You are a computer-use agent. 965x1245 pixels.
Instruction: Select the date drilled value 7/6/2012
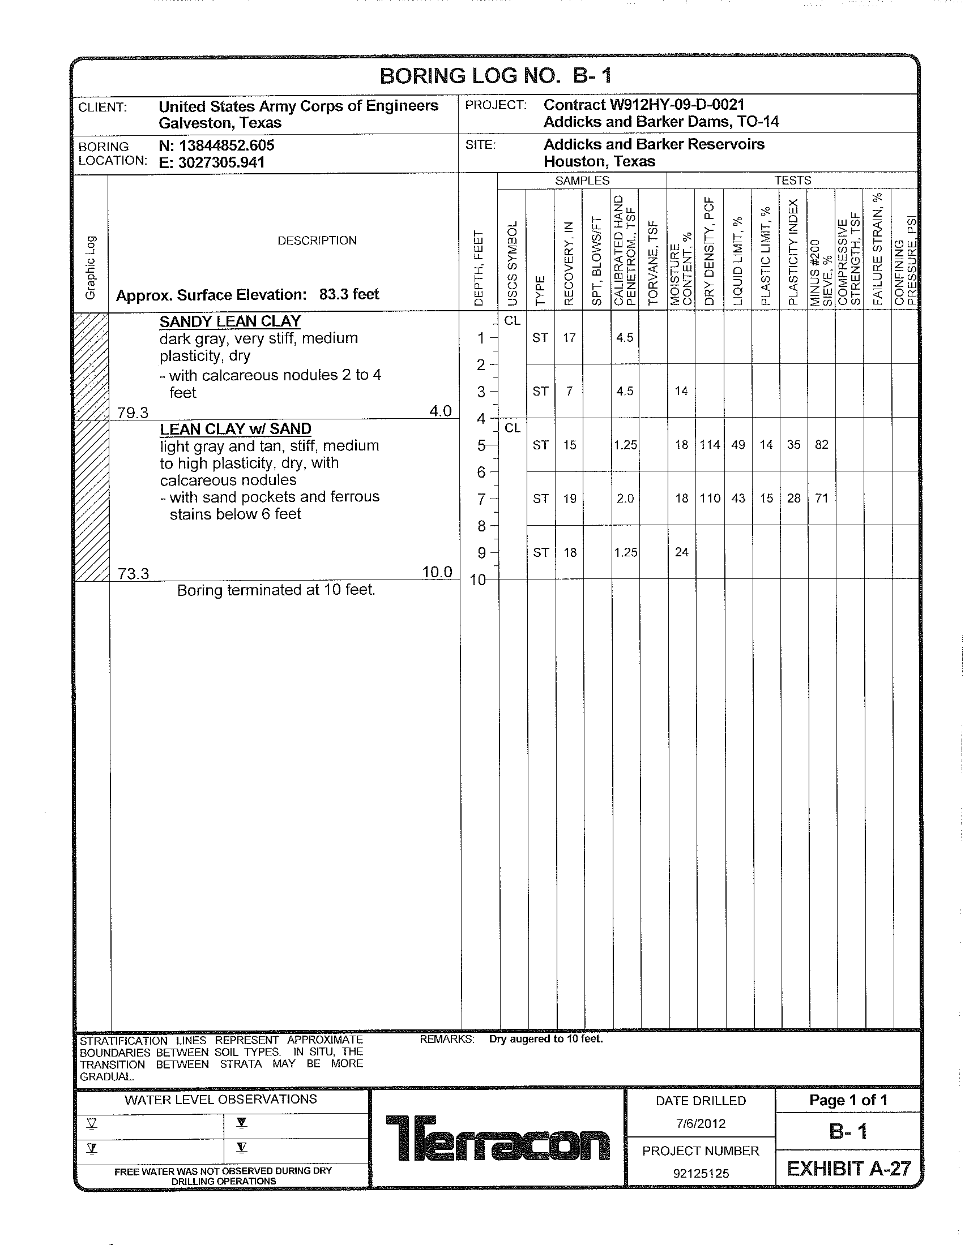point(701,1123)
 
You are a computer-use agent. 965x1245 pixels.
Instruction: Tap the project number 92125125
point(701,1173)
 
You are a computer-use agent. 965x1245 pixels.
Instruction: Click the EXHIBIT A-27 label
point(849,1169)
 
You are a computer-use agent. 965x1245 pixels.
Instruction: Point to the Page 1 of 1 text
point(848,1100)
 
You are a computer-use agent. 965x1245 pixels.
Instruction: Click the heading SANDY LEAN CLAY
point(230,321)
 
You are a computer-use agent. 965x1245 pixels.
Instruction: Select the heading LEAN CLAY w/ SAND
point(236,429)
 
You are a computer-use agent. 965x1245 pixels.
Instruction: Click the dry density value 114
point(710,445)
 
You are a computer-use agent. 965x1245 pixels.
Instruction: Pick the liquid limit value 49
point(738,445)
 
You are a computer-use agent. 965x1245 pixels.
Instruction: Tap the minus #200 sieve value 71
point(821,498)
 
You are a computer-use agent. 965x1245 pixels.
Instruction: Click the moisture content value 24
point(681,552)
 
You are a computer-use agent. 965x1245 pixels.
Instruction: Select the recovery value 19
point(570,499)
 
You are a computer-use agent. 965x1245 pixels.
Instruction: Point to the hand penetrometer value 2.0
point(625,499)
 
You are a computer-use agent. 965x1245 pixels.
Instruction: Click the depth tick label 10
point(478,580)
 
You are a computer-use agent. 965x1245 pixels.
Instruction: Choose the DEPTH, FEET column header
point(479,268)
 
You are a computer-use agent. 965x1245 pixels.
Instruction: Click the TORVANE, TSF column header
point(654,262)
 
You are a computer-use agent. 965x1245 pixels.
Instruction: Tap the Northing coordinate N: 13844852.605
point(217,145)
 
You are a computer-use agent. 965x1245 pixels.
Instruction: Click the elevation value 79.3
point(133,413)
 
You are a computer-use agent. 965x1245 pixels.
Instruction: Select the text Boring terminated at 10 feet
point(276,590)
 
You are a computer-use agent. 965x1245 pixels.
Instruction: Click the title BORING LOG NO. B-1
point(495,76)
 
